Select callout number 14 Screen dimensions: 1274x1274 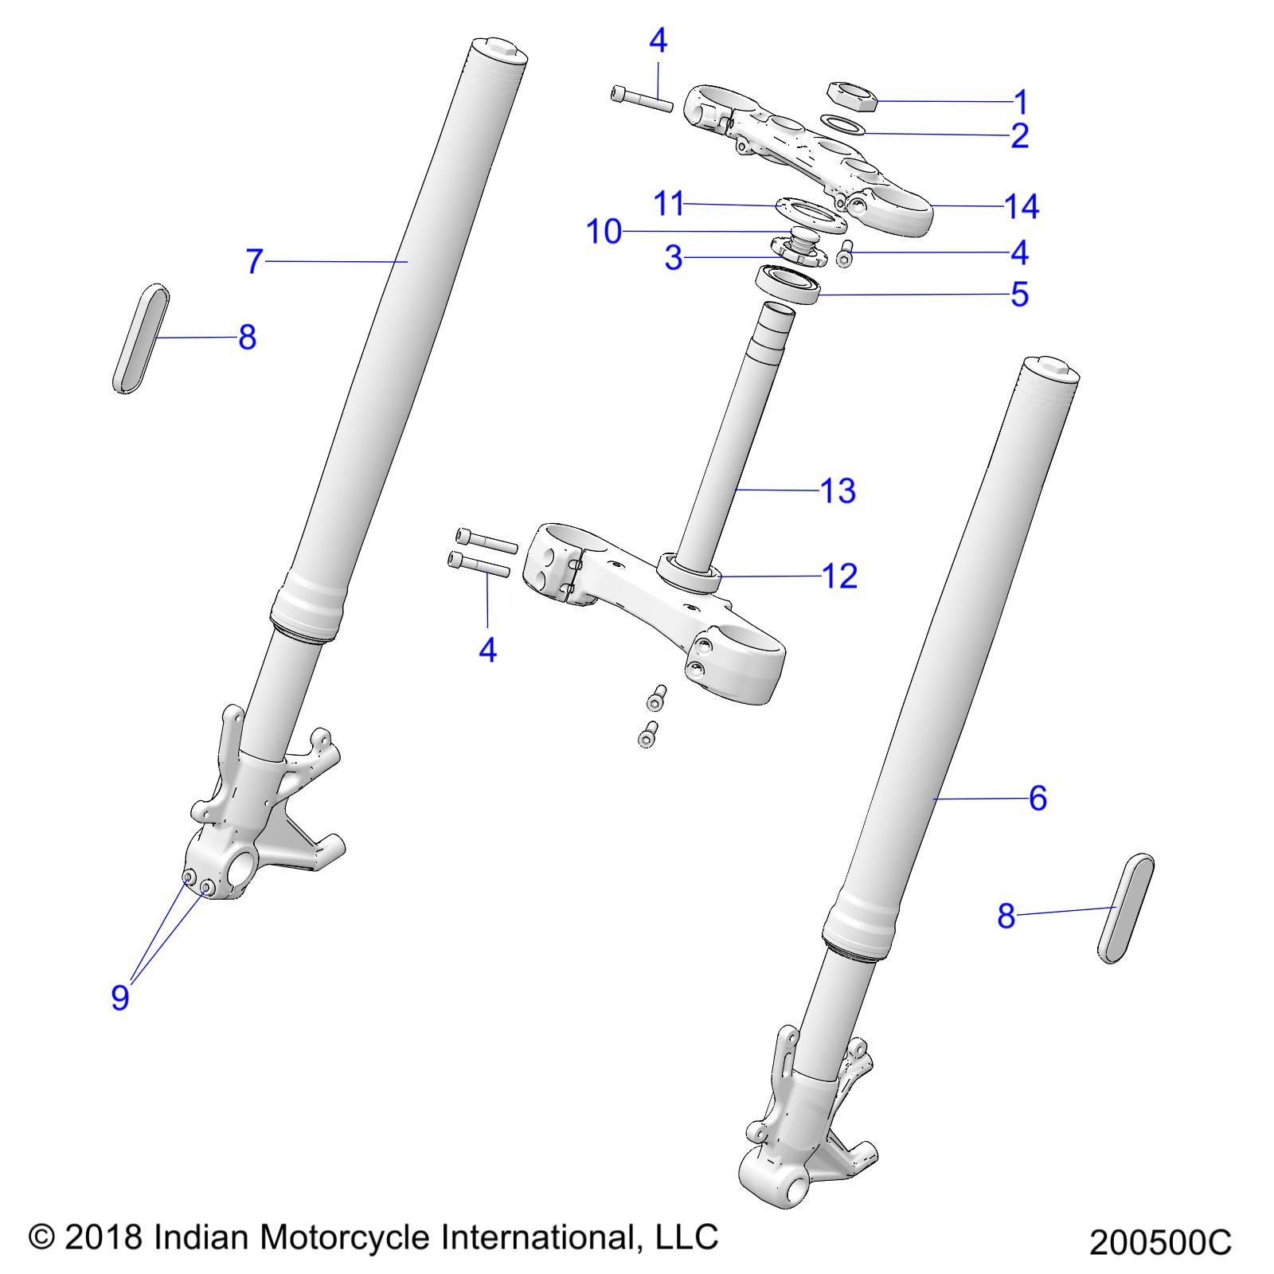pos(1022,207)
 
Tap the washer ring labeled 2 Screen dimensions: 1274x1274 pos(843,126)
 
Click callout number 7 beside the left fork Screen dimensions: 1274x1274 pos(254,261)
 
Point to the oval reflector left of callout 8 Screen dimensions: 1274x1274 pos(141,338)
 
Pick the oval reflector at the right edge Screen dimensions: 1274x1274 pos(1125,909)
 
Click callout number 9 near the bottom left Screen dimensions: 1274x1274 pos(119,996)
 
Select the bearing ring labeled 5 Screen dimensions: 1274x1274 pos(787,285)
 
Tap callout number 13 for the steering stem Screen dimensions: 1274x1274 pos(838,490)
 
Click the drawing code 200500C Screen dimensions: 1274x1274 pos(1159,1242)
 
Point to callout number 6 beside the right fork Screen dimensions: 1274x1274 pos(1037,798)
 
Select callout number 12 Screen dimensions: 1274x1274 pos(839,576)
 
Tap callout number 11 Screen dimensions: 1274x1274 pos(669,205)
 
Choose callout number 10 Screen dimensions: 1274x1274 pos(604,232)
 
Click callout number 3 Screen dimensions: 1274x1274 pos(674,258)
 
